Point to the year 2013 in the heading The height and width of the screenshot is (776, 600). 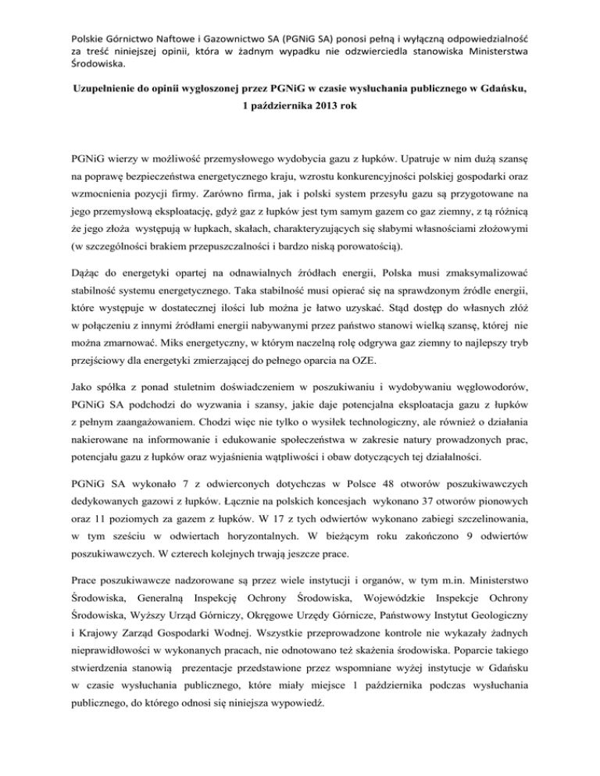tap(324, 107)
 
